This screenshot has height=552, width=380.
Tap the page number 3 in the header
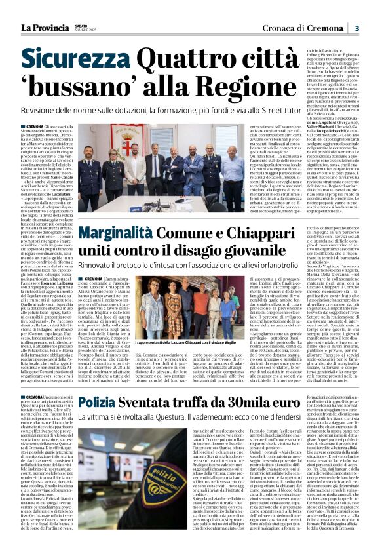tap(357, 28)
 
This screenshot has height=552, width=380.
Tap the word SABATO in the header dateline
tap(82, 24)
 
